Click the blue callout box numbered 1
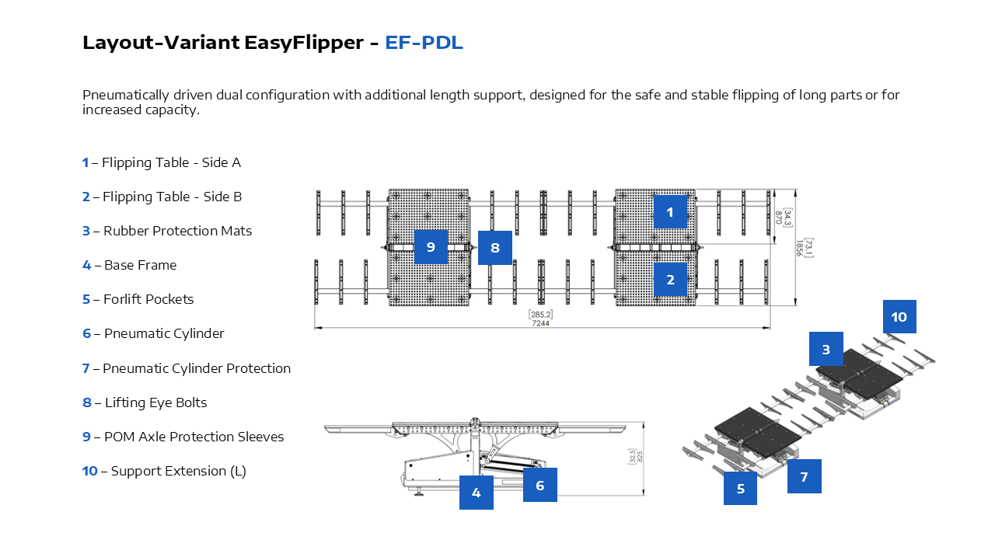click(670, 211)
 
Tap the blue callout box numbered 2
click(670, 280)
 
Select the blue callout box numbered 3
click(826, 349)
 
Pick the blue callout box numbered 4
click(477, 493)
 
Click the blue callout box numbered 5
click(740, 489)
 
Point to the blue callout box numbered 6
click(539, 485)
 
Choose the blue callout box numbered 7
click(804, 476)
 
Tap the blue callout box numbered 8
click(494, 248)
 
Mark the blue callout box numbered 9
click(431, 247)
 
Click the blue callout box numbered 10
click(899, 317)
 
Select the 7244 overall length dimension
click(541, 323)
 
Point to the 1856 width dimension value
click(799, 247)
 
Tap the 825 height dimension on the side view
click(641, 457)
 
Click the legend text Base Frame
click(140, 265)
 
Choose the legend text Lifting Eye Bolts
click(155, 402)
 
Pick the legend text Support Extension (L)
click(178, 471)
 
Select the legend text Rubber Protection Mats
click(177, 231)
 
